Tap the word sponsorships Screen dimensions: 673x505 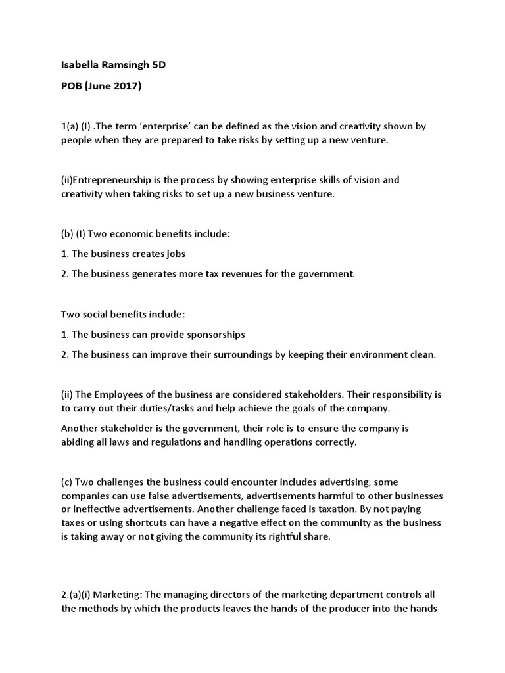point(214,335)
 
